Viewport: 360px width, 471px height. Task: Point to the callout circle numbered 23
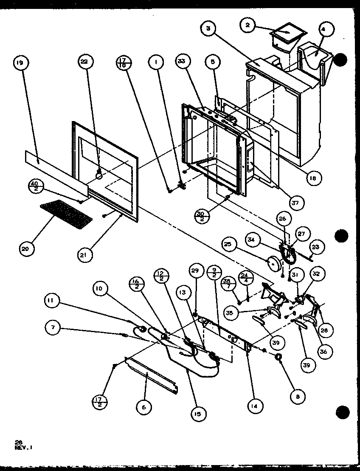317,247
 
